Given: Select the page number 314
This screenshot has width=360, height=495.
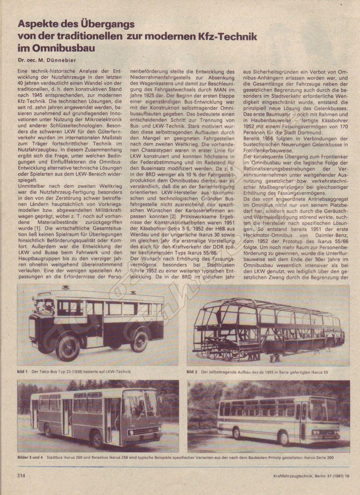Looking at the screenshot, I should click(20, 476).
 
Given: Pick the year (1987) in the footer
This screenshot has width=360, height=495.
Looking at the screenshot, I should click(337, 476).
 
